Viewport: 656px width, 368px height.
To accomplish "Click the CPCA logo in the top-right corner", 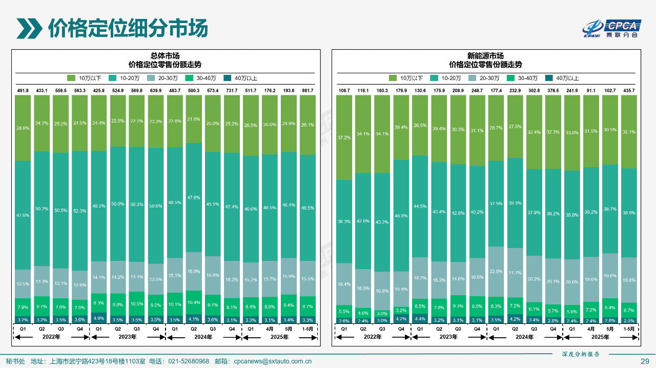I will [x=613, y=29].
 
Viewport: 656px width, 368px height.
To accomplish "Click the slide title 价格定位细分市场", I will [x=128, y=29].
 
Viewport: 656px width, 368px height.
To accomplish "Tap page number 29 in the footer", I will [x=645, y=361].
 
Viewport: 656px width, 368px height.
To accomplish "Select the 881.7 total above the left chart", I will [x=307, y=91].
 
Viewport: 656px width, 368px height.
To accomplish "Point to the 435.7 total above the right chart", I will [x=629, y=91].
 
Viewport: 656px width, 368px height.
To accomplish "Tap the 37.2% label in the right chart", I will [x=344, y=138].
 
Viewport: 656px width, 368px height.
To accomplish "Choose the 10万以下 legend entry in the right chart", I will [x=407, y=78].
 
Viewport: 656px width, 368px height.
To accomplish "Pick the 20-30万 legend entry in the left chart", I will [x=163, y=78].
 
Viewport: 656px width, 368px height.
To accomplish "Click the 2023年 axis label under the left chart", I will [x=128, y=337].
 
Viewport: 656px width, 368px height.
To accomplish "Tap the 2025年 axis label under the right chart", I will [x=600, y=337].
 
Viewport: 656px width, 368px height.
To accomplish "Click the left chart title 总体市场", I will [x=165, y=56].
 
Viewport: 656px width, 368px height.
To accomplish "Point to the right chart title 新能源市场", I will [x=485, y=56].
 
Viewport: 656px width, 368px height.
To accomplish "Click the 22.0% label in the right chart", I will [x=496, y=272].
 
